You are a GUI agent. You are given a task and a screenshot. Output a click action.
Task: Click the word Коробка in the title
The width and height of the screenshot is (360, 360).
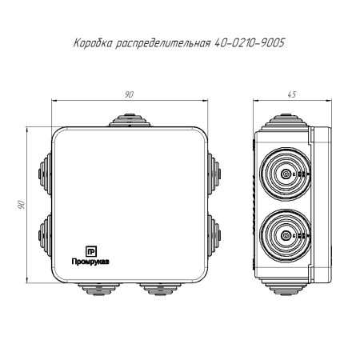93,43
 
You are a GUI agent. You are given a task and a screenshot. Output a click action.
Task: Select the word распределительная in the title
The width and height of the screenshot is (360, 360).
163,43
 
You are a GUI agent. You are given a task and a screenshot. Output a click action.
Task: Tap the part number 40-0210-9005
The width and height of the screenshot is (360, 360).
250,42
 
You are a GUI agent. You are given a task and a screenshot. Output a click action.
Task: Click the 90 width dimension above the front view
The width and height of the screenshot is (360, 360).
129,94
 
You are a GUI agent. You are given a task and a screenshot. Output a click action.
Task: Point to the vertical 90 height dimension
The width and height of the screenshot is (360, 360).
22,205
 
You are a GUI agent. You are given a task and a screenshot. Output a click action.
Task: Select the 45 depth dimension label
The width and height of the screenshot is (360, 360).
292,94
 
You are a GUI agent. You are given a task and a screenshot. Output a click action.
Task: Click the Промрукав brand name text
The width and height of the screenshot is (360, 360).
90,262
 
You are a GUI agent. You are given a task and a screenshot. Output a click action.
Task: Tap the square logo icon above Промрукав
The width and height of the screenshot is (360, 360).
91,251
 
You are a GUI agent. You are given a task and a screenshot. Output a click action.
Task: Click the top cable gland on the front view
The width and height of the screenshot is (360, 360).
130,120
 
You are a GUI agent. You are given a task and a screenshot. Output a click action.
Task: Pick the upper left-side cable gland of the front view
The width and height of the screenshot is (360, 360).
45,174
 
